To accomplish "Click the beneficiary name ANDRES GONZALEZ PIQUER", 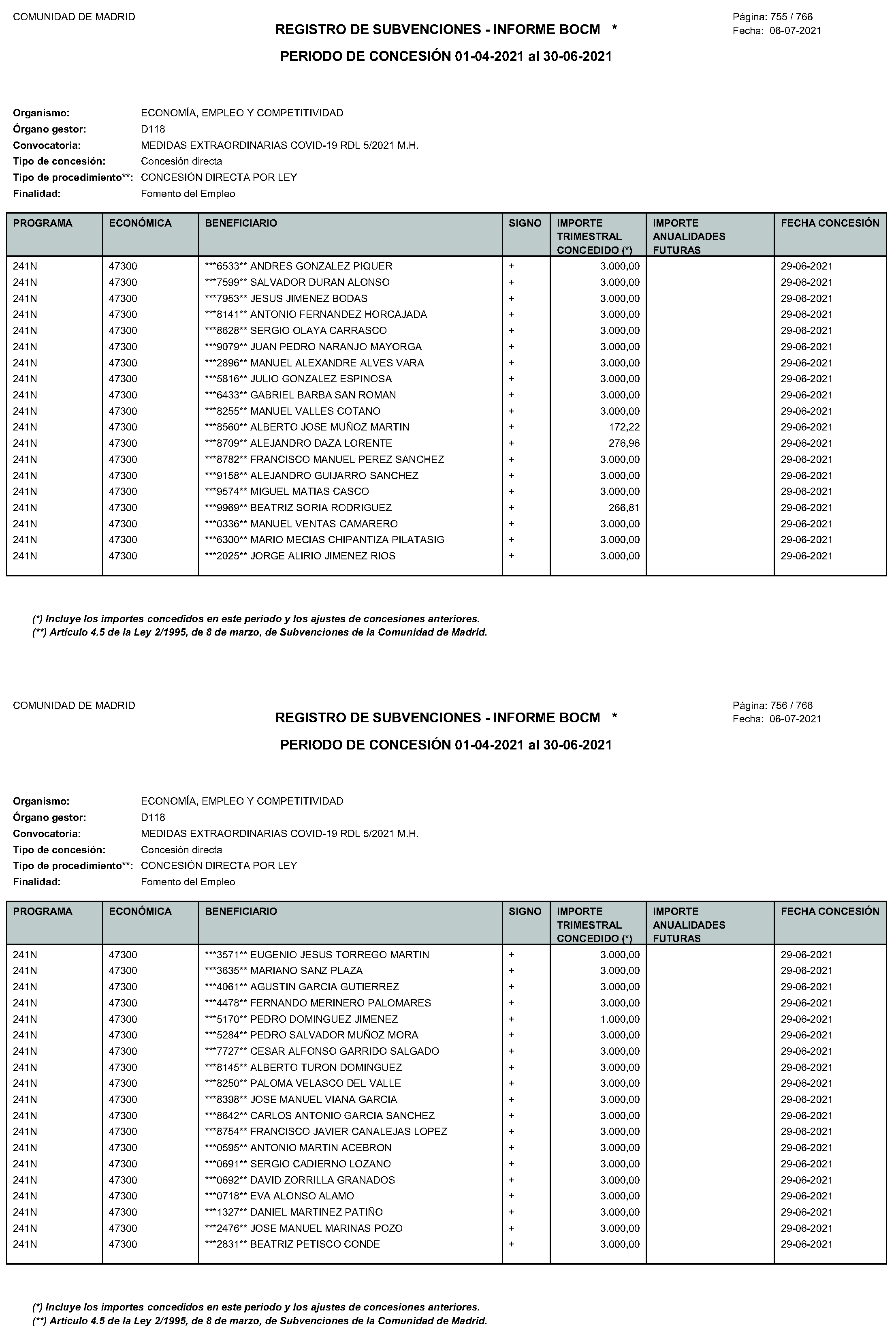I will click(x=321, y=266).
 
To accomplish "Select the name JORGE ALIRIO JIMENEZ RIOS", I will click(x=323, y=556).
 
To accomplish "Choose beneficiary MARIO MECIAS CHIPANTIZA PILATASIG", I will click(x=348, y=540).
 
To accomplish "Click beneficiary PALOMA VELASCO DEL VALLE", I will click(x=326, y=1083).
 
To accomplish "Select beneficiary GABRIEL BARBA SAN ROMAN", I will click(x=323, y=395).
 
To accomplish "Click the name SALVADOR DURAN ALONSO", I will click(x=320, y=283).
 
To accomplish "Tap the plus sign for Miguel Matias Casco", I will click(x=512, y=492).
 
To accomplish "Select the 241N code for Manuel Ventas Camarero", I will click(x=25, y=524).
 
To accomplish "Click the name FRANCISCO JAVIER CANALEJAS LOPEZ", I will click(x=349, y=1131).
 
